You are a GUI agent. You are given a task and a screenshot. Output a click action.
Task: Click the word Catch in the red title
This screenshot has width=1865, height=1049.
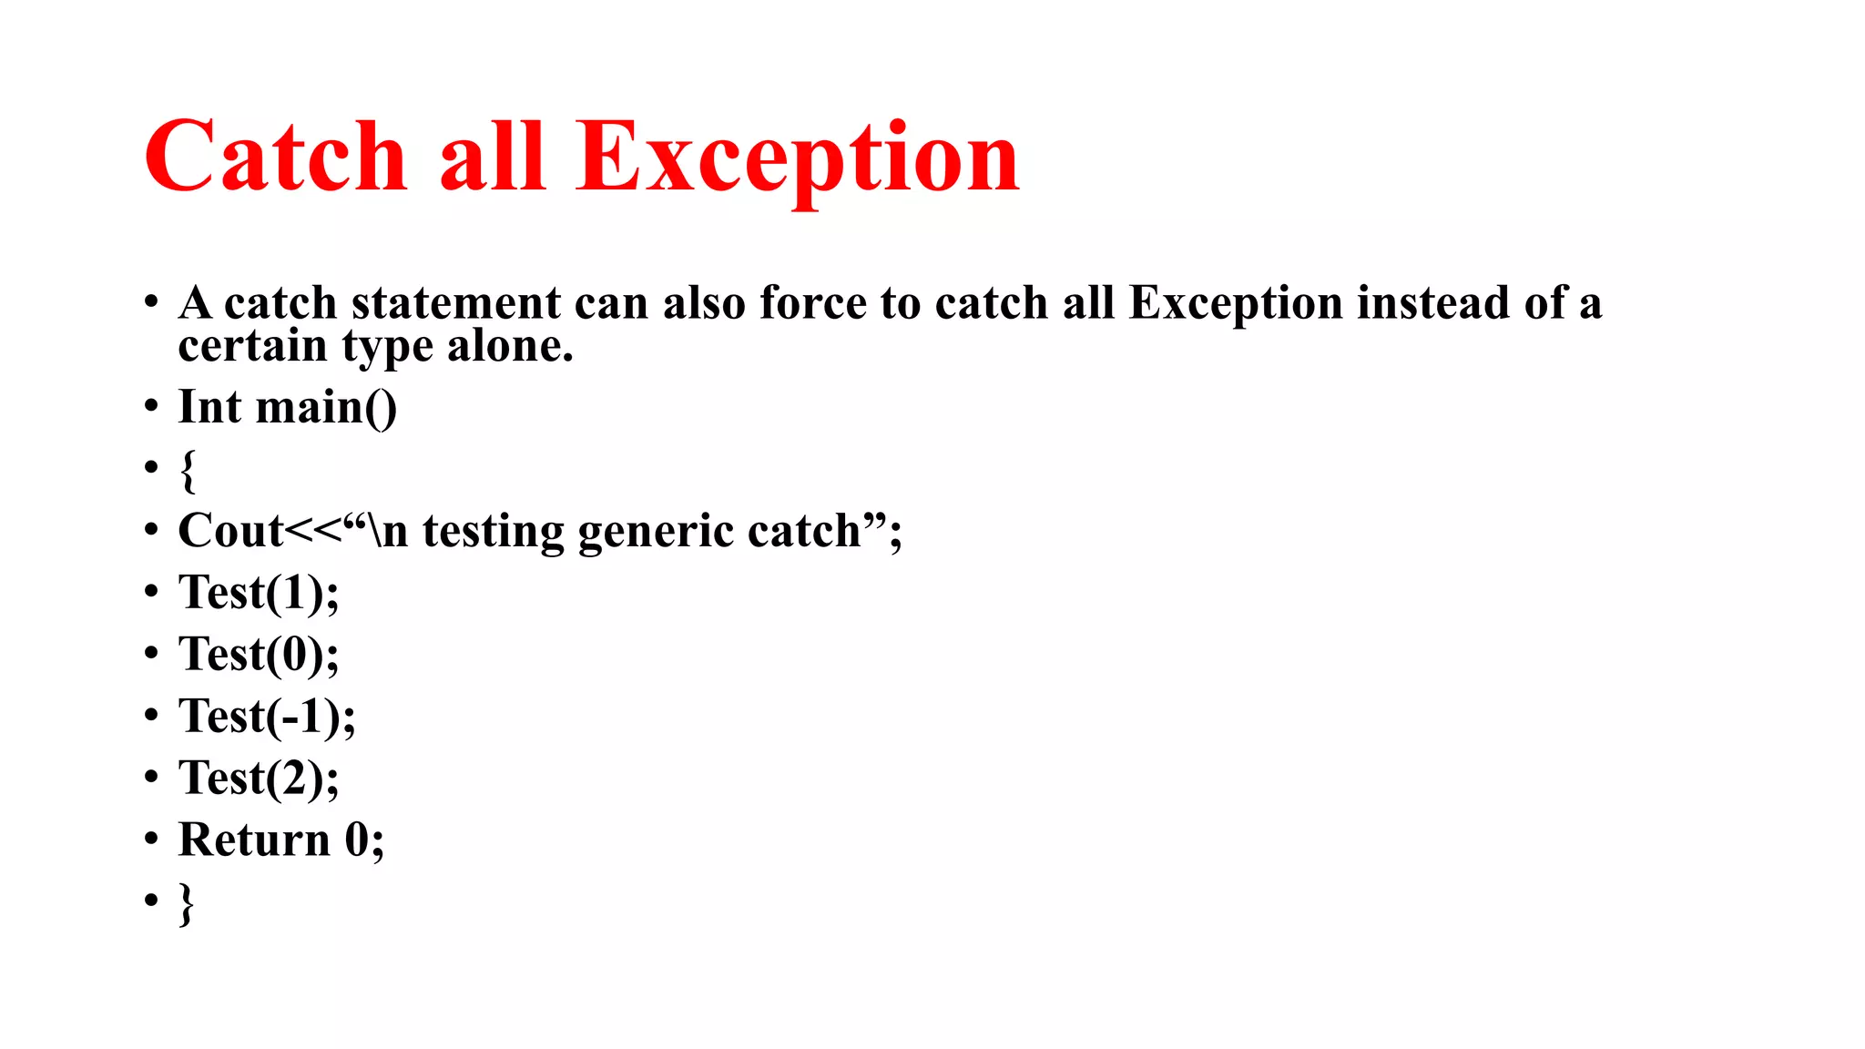click(274, 157)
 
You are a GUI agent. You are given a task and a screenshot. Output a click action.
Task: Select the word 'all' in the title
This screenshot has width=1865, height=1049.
click(492, 157)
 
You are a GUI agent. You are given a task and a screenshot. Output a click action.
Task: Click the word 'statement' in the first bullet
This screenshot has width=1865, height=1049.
click(455, 303)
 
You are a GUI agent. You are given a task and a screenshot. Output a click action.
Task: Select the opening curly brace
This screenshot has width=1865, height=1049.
click(188, 470)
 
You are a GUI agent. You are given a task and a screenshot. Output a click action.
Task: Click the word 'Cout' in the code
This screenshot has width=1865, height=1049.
click(230, 531)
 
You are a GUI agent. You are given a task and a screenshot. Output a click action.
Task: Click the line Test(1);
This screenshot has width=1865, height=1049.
click(259, 594)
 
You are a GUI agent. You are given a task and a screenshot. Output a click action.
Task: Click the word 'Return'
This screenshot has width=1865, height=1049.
click(254, 840)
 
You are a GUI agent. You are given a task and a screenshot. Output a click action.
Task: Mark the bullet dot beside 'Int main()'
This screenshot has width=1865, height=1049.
click(151, 407)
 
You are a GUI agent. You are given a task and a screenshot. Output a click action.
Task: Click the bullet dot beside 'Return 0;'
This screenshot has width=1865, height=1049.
click(151, 840)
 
